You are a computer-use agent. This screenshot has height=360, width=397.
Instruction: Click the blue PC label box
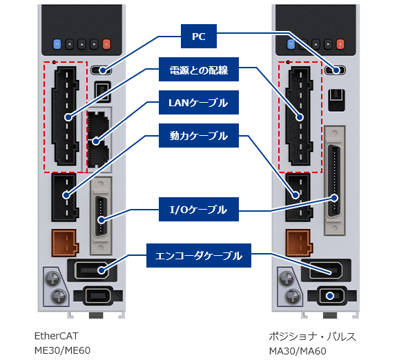coord(198,35)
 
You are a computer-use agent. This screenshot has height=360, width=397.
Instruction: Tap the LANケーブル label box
coord(198,103)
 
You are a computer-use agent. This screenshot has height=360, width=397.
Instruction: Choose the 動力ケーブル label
coord(198,137)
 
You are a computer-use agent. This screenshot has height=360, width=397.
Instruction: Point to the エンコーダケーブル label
coord(198,256)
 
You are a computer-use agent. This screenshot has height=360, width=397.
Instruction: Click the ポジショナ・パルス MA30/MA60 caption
coord(307,343)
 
